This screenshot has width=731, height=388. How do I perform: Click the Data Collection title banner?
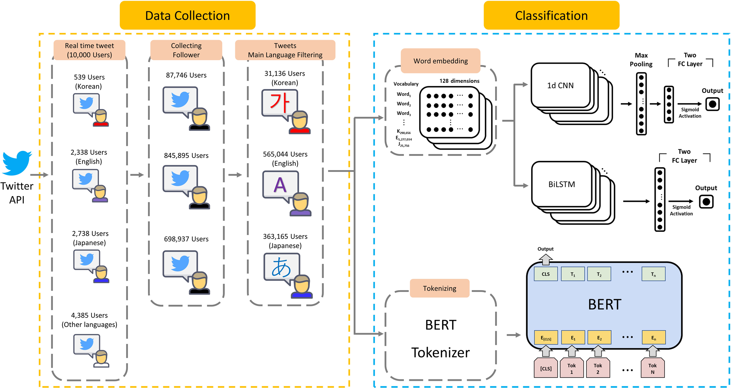[187, 15]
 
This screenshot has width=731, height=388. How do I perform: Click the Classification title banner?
[551, 15]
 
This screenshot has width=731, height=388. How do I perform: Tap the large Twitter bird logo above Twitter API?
[17, 163]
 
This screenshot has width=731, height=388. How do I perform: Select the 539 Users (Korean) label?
[89, 82]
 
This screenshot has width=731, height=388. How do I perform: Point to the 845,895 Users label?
[186, 155]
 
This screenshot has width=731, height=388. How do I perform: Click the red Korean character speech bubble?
[280, 104]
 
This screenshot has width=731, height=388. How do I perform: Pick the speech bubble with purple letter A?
[280, 185]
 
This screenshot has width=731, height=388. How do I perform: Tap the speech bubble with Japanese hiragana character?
[282, 267]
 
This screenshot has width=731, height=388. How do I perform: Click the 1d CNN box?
[560, 86]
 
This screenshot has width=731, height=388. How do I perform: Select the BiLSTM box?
[562, 184]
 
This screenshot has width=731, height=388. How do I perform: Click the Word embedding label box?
[440, 61]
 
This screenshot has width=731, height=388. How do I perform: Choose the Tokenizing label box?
[439, 288]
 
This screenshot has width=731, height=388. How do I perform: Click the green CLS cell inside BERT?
[545, 274]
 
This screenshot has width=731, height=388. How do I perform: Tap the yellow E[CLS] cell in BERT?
[546, 338]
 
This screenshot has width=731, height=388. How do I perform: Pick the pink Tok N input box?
[652, 368]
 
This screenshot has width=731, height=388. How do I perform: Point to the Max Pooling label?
[641, 60]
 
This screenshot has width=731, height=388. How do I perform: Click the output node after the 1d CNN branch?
[712, 104]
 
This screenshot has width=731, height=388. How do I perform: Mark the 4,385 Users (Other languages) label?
[89, 320]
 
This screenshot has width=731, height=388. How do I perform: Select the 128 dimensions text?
[459, 81]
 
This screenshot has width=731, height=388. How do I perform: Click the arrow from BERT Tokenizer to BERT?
[514, 335]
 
